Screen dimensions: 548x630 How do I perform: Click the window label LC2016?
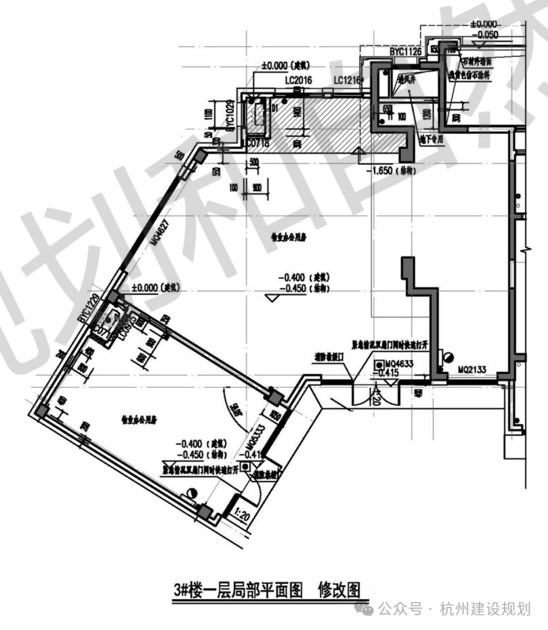pyautogui.click(x=297, y=81)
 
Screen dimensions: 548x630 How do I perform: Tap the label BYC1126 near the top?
pyautogui.click(x=407, y=51)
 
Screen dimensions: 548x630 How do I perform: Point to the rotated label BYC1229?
pyautogui.click(x=92, y=311)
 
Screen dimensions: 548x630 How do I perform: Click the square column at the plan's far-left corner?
pyautogui.click(x=41, y=410)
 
